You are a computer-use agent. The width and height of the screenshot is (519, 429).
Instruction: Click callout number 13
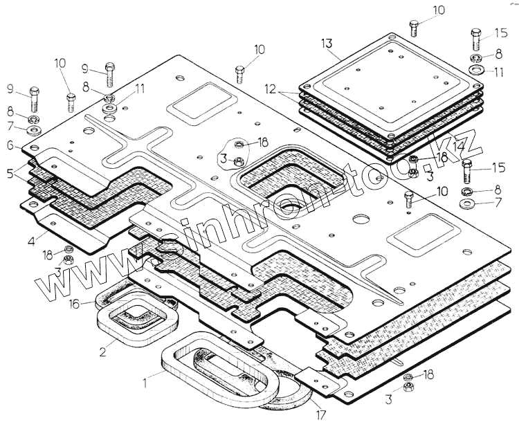tap(327, 43)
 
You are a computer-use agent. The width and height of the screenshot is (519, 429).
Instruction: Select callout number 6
tap(10, 145)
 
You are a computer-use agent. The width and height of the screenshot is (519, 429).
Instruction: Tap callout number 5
tap(10, 173)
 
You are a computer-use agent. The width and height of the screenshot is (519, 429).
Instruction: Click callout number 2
tap(102, 351)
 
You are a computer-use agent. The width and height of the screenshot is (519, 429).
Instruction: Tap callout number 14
tap(460, 147)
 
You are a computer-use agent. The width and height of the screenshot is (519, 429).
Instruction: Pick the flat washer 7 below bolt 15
tap(467, 205)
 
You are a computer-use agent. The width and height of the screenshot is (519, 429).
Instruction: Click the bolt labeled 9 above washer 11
tap(109, 71)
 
